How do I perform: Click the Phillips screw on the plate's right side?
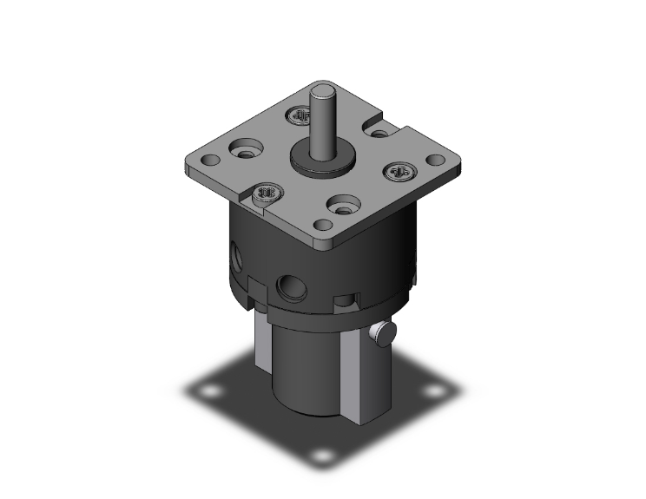(x=399, y=172)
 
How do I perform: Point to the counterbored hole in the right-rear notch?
(x=379, y=133)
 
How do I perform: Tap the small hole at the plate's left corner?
(x=209, y=162)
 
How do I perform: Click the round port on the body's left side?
(x=238, y=259)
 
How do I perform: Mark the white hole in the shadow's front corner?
(x=323, y=456)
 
